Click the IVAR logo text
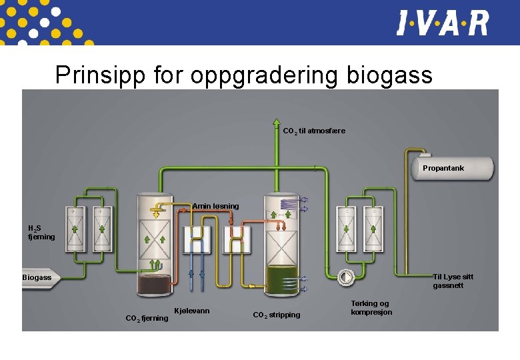click(x=443, y=23)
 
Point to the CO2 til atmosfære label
click(x=314, y=131)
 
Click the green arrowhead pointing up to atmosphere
click(x=277, y=123)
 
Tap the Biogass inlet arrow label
click(x=37, y=277)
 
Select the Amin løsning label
click(x=215, y=206)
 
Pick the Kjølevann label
click(x=191, y=311)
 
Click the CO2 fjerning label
click(x=147, y=318)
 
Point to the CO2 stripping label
click(x=276, y=315)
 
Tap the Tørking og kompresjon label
click(x=371, y=307)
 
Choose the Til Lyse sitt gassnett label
click(x=453, y=281)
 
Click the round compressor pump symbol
click(x=346, y=276)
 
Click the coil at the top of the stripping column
click(x=289, y=204)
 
